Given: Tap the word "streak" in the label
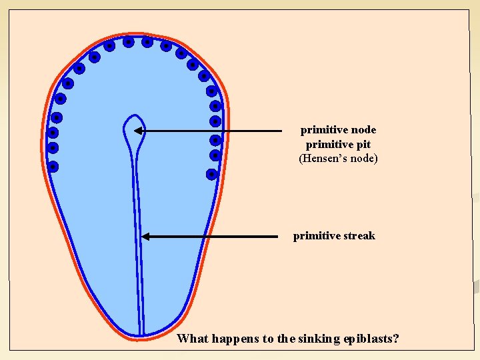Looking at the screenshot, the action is (359, 236).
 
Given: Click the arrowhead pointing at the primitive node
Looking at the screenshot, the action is (140, 131).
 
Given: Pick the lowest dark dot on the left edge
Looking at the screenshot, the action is (53, 167).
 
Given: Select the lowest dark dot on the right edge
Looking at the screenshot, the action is (211, 174).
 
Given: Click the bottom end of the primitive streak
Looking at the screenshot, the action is (141, 331).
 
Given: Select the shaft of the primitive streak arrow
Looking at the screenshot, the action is (213, 236).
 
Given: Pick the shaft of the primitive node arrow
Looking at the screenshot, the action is (213, 131).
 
